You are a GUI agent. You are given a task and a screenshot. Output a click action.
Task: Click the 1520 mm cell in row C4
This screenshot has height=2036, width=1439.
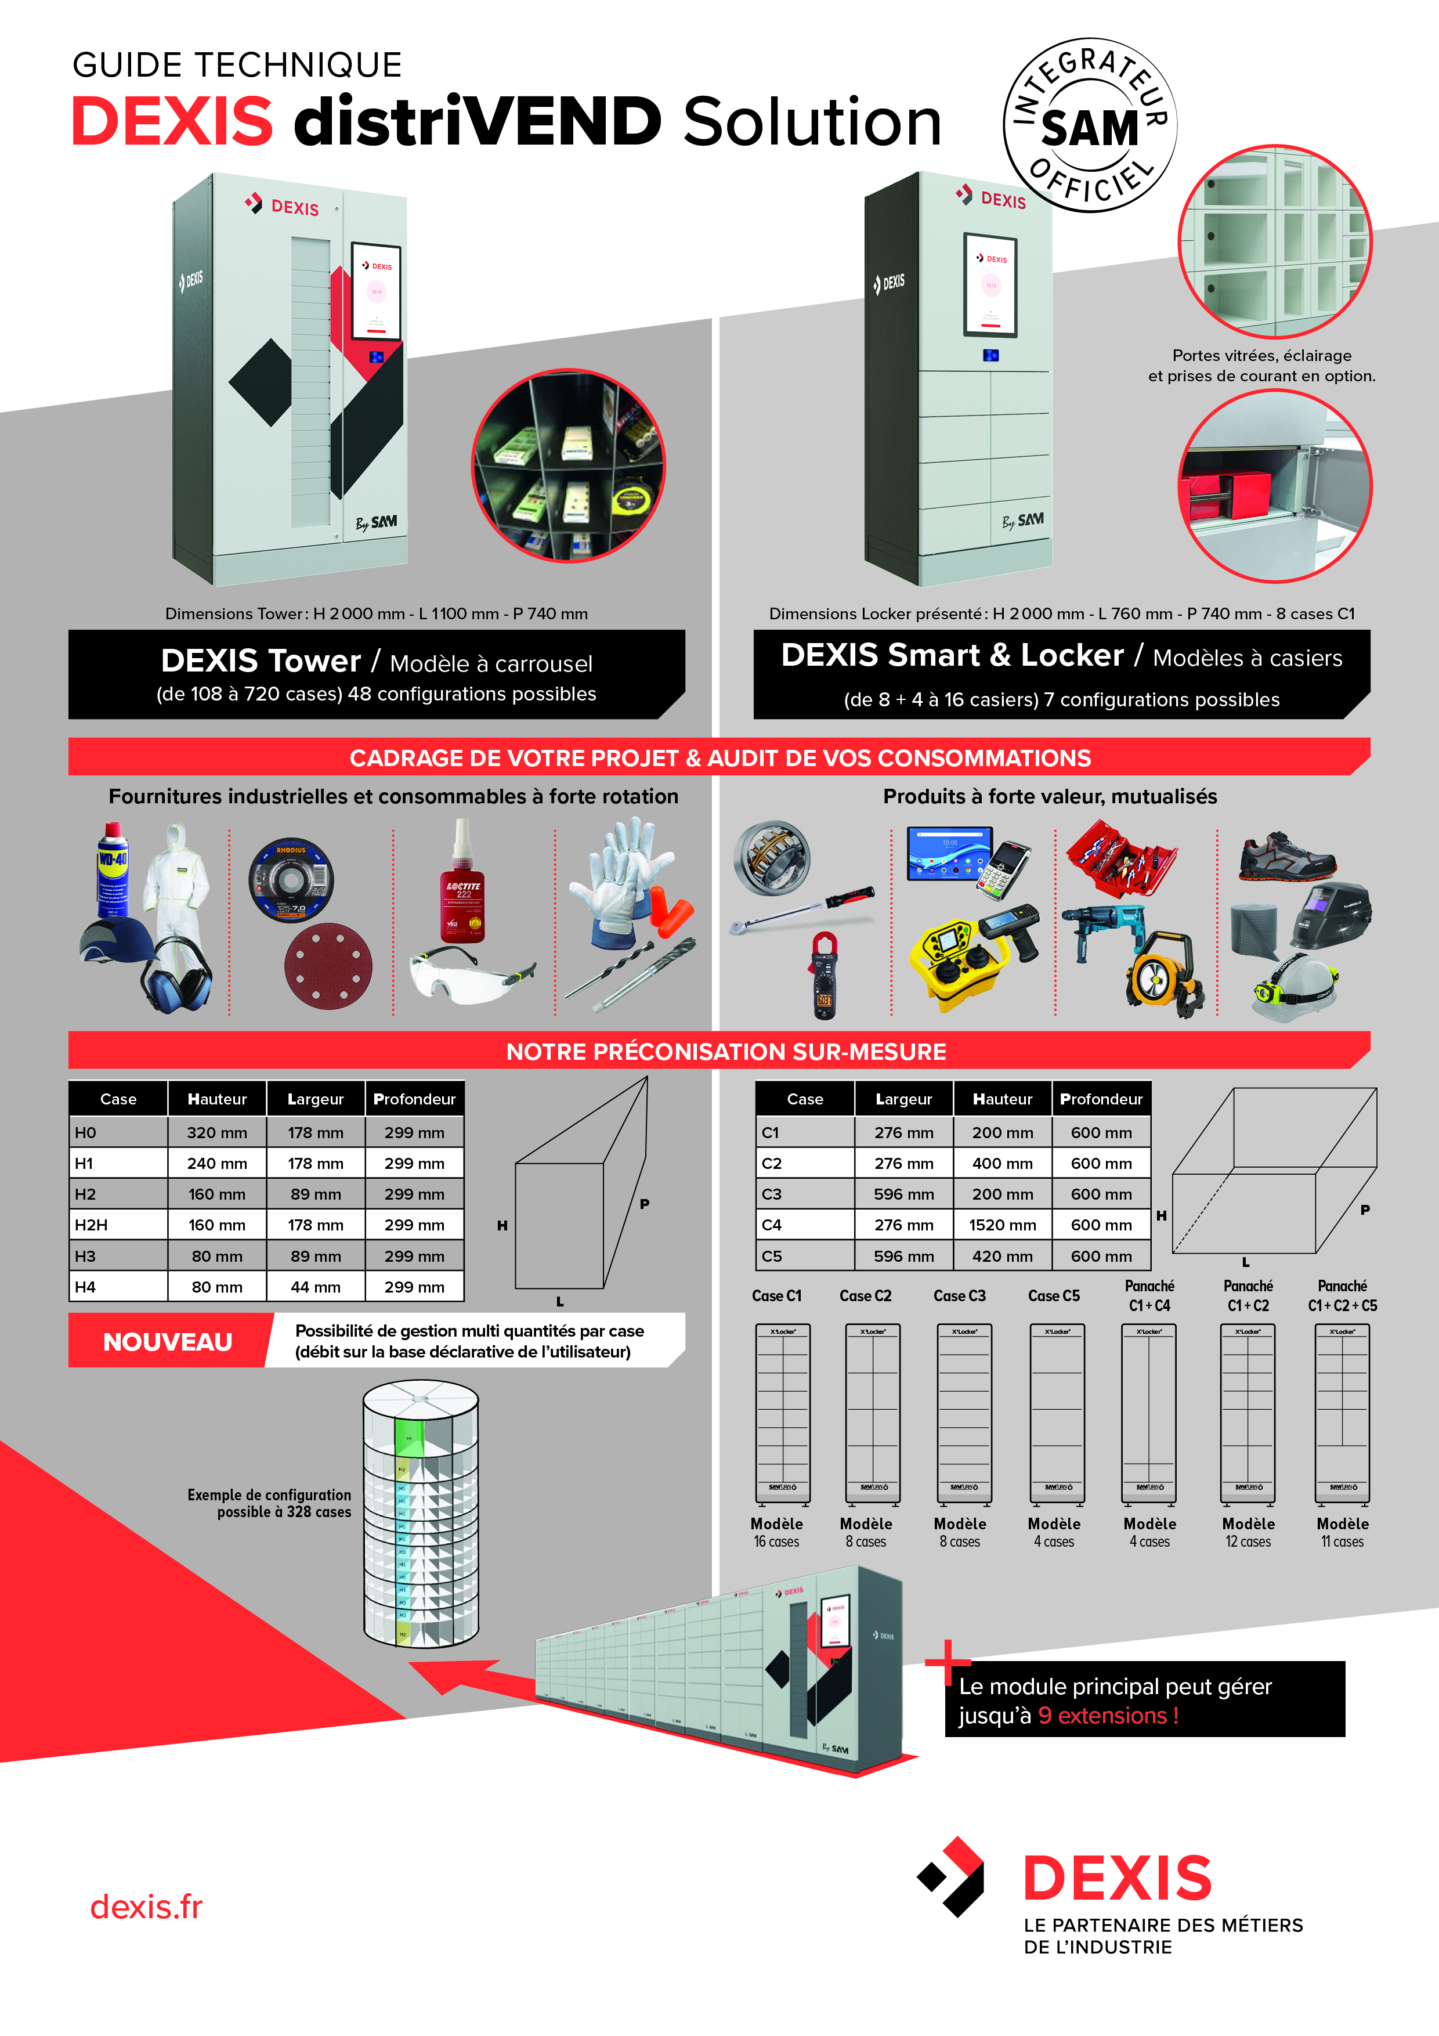click(1002, 1225)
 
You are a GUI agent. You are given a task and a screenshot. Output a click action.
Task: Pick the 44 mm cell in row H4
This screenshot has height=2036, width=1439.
click(314, 1287)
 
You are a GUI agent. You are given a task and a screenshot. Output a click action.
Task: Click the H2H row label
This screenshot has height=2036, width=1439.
click(91, 1225)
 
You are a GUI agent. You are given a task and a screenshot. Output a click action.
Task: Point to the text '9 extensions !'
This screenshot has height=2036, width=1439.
click(1108, 1715)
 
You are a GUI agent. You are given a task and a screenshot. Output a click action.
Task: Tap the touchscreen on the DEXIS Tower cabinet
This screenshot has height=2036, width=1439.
click(377, 290)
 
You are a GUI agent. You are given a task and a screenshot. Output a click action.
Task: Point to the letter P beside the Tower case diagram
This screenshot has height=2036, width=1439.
click(645, 1203)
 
